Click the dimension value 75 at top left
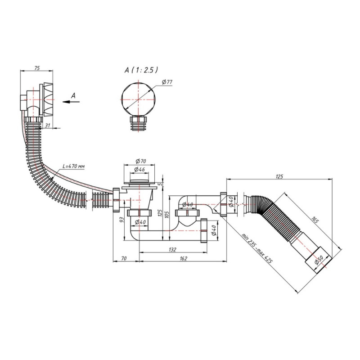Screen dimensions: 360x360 pyautogui.click(x=37, y=68)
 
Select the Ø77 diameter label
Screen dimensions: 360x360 pyautogui.click(x=167, y=82)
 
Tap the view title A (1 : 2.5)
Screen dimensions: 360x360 pyautogui.click(x=141, y=70)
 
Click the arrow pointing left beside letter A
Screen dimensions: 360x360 pyautogui.click(x=71, y=102)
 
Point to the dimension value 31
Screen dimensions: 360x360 pyautogui.click(x=48, y=126)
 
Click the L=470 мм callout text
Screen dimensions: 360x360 pyautogui.click(x=73, y=166)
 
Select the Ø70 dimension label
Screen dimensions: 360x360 pyautogui.click(x=141, y=161)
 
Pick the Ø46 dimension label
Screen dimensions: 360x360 pyautogui.click(x=139, y=170)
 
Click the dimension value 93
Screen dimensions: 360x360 pyautogui.click(x=122, y=220)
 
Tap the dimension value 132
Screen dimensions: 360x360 pyautogui.click(x=172, y=250)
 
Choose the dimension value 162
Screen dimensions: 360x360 pyautogui.click(x=184, y=258)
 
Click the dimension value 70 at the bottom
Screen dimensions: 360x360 pyautogui.click(x=124, y=258)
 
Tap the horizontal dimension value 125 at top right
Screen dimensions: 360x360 pyautogui.click(x=279, y=176)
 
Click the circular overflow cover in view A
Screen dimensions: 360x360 pyautogui.click(x=138, y=99)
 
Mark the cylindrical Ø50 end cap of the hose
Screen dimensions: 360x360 pyautogui.click(x=318, y=259)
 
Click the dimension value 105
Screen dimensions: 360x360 pyautogui.click(x=167, y=214)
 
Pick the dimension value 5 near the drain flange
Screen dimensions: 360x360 pyautogui.click(x=161, y=184)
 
